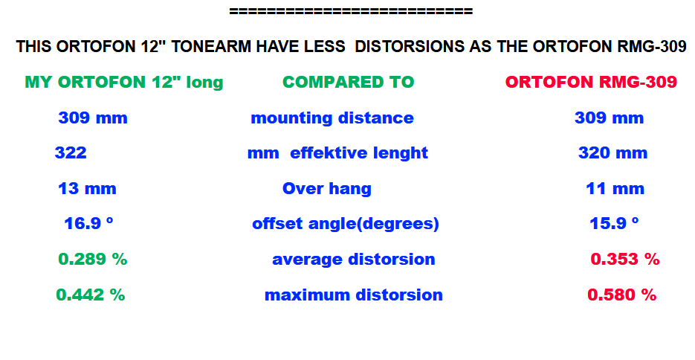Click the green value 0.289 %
tap(93, 259)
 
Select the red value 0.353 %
tap(625, 259)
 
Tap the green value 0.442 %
tap(91, 295)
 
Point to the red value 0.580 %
tap(622, 295)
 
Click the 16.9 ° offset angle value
tap(88, 223)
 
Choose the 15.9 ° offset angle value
tap(614, 223)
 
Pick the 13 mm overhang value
tap(87, 188)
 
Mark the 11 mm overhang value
tap(615, 188)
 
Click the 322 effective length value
tap(71, 153)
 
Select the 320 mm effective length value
tap(613, 153)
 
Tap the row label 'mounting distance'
tap(332, 118)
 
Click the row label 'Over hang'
tap(327, 189)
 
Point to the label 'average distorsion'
tap(354, 260)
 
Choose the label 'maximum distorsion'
tap(354, 295)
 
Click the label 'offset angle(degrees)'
tap(346, 224)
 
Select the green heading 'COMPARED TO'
tap(349, 82)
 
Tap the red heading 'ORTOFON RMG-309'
tap(591, 82)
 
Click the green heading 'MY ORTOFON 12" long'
tap(124, 83)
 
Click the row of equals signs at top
tap(351, 11)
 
